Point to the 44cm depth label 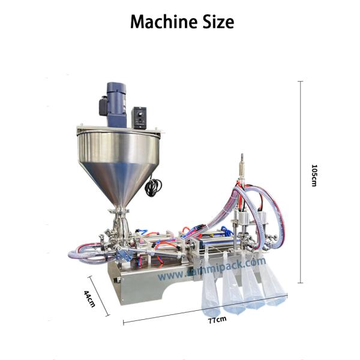[89, 298]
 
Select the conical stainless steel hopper [121, 162]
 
